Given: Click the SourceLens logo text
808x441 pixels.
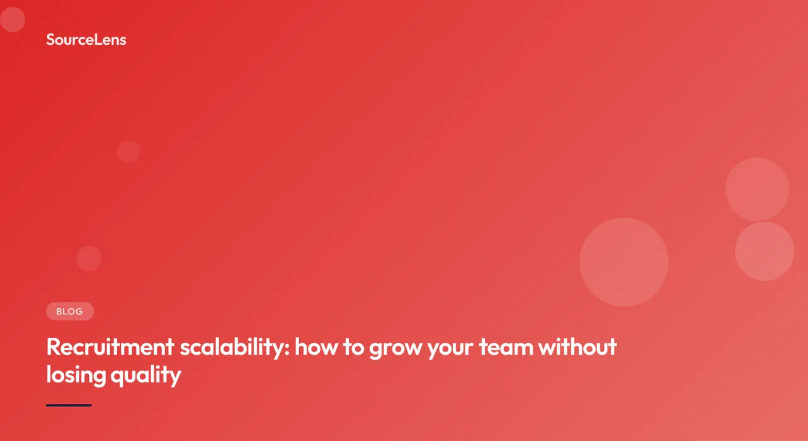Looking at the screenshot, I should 86,40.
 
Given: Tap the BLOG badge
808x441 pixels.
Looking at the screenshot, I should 70,311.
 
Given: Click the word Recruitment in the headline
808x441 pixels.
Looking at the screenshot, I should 110,347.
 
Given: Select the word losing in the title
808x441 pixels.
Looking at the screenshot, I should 76,375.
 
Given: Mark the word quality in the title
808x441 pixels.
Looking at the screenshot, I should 145,375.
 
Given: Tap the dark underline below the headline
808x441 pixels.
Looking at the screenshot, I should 69,405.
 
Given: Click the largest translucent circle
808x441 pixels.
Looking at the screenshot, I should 623,262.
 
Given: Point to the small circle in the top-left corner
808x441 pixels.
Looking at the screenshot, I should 12,20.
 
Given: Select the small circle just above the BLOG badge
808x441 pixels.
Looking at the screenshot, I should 89,258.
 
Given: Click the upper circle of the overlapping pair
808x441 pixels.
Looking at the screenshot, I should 756,189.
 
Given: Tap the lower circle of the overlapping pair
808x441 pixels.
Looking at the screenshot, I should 765,251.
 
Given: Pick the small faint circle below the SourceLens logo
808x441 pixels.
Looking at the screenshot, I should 128,152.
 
